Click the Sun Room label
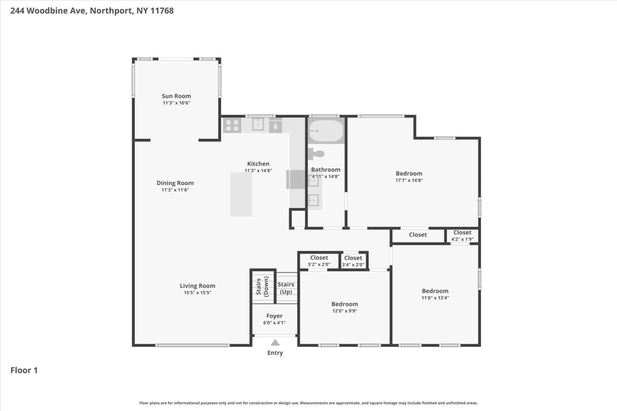[x=176, y=96]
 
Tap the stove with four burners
[x=232, y=125]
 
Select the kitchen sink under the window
[x=258, y=124]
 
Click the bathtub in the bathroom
[x=326, y=131]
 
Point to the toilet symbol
[x=317, y=154]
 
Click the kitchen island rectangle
[x=241, y=194]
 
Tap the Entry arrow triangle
[x=275, y=342]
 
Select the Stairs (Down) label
[x=262, y=287]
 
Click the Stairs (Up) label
[x=286, y=288]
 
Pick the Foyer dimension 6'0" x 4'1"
[x=274, y=323]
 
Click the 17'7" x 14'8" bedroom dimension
[x=409, y=180]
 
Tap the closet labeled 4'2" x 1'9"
[x=462, y=235]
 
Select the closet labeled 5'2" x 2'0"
[x=319, y=261]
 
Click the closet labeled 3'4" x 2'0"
[x=353, y=261]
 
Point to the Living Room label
[x=197, y=286]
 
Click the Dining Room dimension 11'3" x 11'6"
[x=175, y=190]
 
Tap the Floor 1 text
[x=24, y=370]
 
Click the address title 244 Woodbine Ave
[x=92, y=11]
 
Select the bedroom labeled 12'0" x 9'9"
[x=344, y=307]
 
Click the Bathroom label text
[x=325, y=169]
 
